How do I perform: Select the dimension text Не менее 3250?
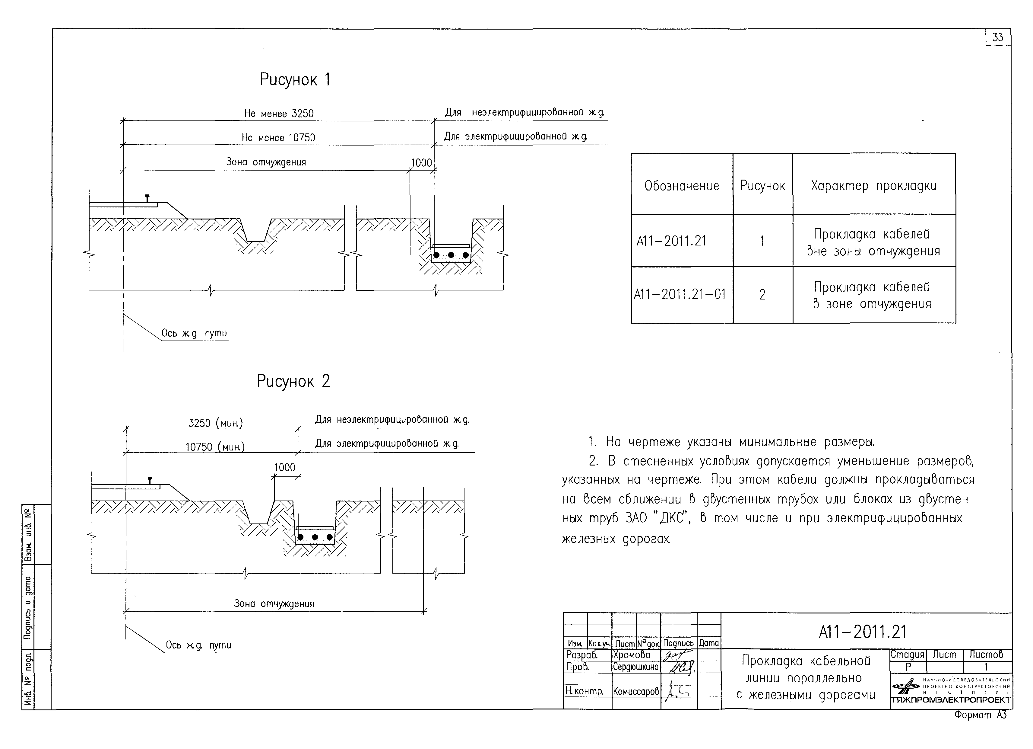[x=279, y=114]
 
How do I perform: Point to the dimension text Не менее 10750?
[x=278, y=138]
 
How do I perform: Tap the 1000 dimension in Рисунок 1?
[x=421, y=163]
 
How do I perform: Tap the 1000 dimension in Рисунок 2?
[x=285, y=467]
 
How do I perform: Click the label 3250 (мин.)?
[x=215, y=423]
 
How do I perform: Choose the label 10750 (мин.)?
[x=215, y=447]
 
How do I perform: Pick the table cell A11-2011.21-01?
[x=680, y=294]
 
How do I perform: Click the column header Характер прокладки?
[x=873, y=186]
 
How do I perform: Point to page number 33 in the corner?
[x=997, y=37]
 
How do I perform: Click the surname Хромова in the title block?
[x=632, y=655]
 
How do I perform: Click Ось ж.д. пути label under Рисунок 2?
[x=198, y=645]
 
